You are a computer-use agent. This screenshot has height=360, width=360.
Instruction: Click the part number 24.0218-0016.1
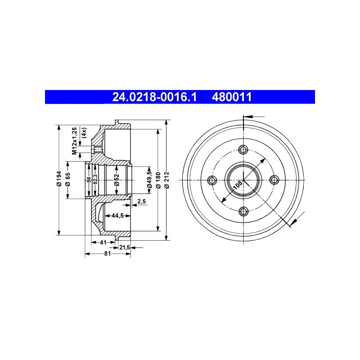pyautogui.click(x=154, y=97)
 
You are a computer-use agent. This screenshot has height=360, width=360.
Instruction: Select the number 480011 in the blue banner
pyautogui.click(x=232, y=97)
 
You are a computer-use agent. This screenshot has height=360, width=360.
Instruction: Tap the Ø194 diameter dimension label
pyautogui.click(x=59, y=178)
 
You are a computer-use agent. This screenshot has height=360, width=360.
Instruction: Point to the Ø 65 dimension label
pyautogui.click(x=68, y=179)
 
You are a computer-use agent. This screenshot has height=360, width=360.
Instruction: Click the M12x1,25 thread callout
pyautogui.click(x=74, y=141)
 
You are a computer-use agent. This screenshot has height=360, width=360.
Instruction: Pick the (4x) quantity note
pyautogui.click(x=84, y=133)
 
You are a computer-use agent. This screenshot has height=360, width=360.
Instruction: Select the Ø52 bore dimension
pyautogui.click(x=117, y=180)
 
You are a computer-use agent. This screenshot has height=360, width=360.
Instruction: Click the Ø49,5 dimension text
pyautogui.click(x=149, y=179)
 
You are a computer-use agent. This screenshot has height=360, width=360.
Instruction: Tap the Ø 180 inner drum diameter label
pyautogui.click(x=158, y=180)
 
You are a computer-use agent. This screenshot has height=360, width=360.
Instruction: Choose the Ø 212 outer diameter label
pyautogui.click(x=167, y=180)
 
